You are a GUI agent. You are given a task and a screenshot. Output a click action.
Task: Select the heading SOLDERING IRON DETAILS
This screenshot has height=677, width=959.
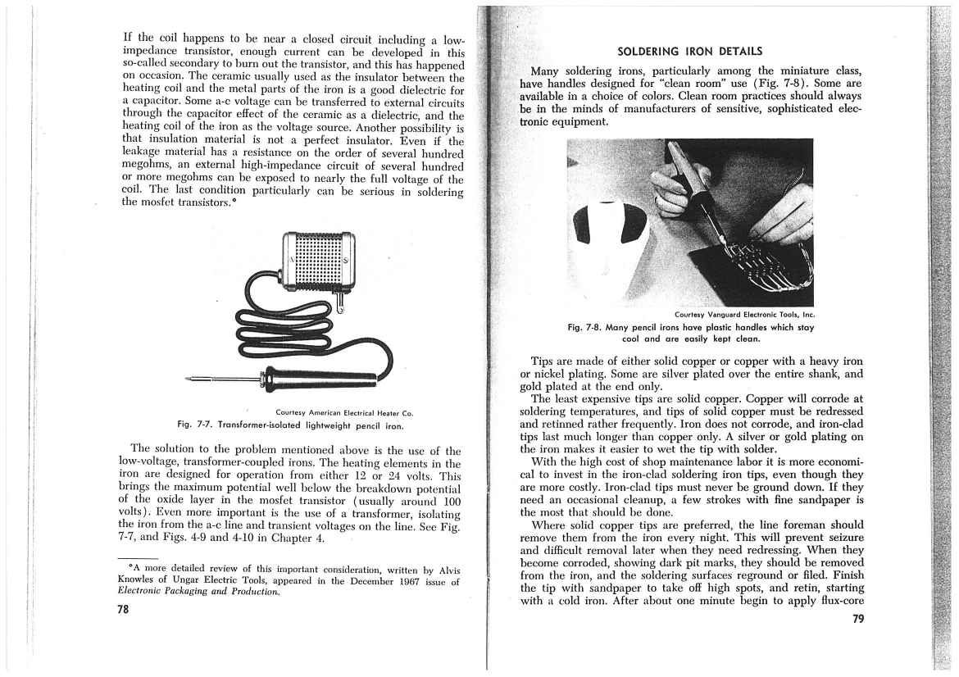point(689,52)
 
